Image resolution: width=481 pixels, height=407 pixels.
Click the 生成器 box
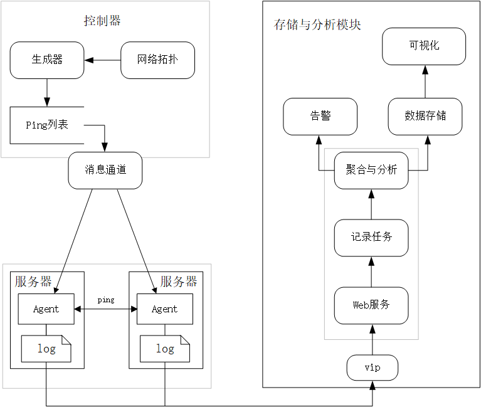pyautogui.click(x=47, y=60)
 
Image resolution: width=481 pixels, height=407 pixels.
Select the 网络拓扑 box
pyautogui.click(x=157, y=60)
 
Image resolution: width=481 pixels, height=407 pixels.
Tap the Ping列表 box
pyautogui.click(x=47, y=125)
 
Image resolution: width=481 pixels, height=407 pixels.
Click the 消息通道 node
pyautogui.click(x=105, y=169)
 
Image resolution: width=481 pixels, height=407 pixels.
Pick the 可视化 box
pyautogui.click(x=424, y=46)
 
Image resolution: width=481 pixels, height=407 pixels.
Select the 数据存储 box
pyautogui.click(x=425, y=116)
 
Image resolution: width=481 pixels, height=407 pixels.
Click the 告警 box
pyautogui.click(x=320, y=116)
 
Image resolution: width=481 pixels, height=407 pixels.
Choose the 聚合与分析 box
pyautogui.click(x=371, y=170)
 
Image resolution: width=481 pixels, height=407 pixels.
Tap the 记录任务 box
pyautogui.click(x=371, y=237)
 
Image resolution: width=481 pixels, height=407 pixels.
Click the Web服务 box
pyautogui.click(x=371, y=305)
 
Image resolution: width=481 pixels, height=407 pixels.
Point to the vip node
pyautogui.click(x=373, y=367)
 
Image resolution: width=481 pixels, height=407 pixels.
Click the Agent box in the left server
pyautogui.click(x=46, y=309)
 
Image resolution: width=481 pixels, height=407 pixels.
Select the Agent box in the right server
pyautogui.click(x=164, y=309)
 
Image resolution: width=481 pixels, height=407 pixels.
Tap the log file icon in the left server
pyautogui.click(x=46, y=349)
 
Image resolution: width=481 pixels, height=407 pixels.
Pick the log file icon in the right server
pyautogui.click(x=164, y=349)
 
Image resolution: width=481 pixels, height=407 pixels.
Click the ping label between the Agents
pyautogui.click(x=106, y=300)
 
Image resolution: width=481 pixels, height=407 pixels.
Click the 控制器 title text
pyautogui.click(x=102, y=21)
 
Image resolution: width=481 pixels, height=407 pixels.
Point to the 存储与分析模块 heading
pyautogui.click(x=318, y=24)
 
